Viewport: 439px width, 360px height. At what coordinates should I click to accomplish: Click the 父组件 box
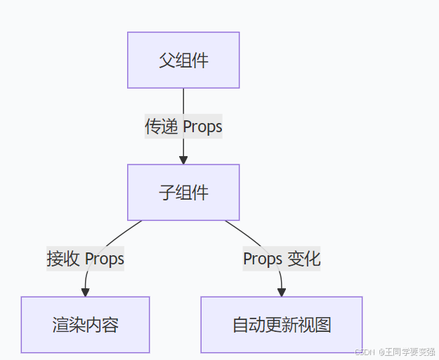click(x=183, y=60)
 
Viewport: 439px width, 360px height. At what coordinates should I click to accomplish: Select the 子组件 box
click(x=183, y=193)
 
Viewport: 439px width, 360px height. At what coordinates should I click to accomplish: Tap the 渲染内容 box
click(x=85, y=325)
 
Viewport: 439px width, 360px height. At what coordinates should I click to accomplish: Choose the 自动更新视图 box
click(x=281, y=325)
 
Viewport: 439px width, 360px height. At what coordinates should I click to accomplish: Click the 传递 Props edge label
click(x=183, y=127)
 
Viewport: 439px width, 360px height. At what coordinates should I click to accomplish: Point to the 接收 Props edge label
click(x=85, y=259)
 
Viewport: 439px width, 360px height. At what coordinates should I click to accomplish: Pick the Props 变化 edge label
click(x=282, y=259)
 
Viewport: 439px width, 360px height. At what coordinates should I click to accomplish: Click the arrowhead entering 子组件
click(x=183, y=160)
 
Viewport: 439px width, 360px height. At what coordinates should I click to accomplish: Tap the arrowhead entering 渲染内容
click(x=86, y=292)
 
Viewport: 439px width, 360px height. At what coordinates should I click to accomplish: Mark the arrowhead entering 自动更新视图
click(x=281, y=292)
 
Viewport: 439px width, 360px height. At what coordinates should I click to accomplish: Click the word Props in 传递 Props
click(x=202, y=127)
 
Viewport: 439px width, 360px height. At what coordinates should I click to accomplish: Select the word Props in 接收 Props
click(x=104, y=259)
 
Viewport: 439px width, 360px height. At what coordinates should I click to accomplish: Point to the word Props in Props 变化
click(x=262, y=259)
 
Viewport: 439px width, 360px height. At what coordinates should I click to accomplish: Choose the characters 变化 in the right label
click(x=303, y=259)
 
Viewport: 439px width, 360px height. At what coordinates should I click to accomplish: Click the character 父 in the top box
click(x=167, y=60)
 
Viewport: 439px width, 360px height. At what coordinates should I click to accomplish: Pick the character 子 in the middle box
click(x=167, y=193)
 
